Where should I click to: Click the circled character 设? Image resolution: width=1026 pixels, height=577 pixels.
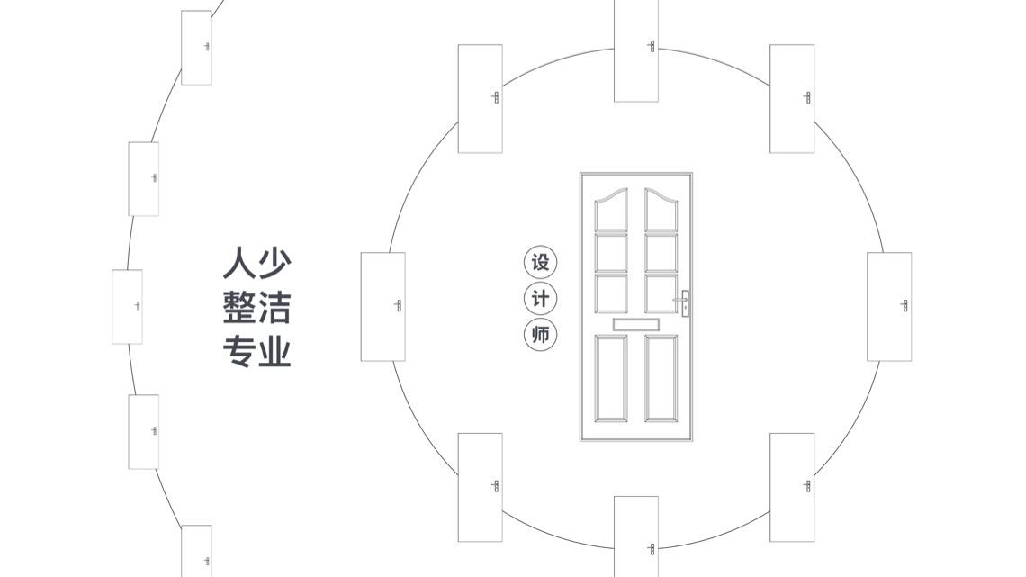pos(540,263)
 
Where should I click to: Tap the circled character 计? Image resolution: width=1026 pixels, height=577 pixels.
pos(540,299)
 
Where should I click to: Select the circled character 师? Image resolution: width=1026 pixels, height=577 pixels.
pos(540,335)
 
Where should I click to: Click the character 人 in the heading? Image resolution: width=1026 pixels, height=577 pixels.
pos(238,263)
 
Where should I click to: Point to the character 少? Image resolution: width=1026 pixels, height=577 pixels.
pos(274,263)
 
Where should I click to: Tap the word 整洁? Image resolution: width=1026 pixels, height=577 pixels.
pos(256,307)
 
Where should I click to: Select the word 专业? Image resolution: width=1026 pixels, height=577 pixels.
pos(256,351)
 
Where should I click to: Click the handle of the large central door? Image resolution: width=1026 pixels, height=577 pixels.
pos(685,302)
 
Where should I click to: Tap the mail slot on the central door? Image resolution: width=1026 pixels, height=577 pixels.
pos(636,324)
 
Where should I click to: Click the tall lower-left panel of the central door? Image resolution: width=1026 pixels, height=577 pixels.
pos(611,377)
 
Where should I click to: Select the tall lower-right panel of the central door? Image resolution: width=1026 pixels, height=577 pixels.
pos(661,377)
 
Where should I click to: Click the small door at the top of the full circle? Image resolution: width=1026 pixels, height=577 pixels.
pos(636,50)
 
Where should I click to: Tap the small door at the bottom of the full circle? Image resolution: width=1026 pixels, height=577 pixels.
pos(636,536)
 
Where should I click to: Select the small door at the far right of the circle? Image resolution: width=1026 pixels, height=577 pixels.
pos(889,306)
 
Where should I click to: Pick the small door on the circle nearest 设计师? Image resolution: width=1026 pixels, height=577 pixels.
pos(382,306)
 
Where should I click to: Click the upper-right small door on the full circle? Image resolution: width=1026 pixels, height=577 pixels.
pos(792,98)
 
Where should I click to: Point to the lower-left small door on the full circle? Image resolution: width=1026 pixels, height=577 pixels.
pos(480,487)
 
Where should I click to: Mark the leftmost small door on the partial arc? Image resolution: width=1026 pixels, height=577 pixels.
pos(127,306)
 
